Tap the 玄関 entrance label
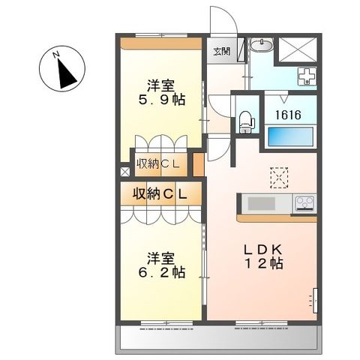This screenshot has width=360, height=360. pos(220,52)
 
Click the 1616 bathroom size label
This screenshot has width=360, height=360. pos(286,115)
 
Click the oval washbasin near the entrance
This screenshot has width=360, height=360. pos(262,46)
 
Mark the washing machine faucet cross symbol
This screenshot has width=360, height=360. pos(308,76)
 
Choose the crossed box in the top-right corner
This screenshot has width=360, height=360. pos(298,49)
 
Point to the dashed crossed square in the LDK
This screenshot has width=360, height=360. pos(280,178)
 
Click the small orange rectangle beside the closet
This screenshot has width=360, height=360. pos(199,163)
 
